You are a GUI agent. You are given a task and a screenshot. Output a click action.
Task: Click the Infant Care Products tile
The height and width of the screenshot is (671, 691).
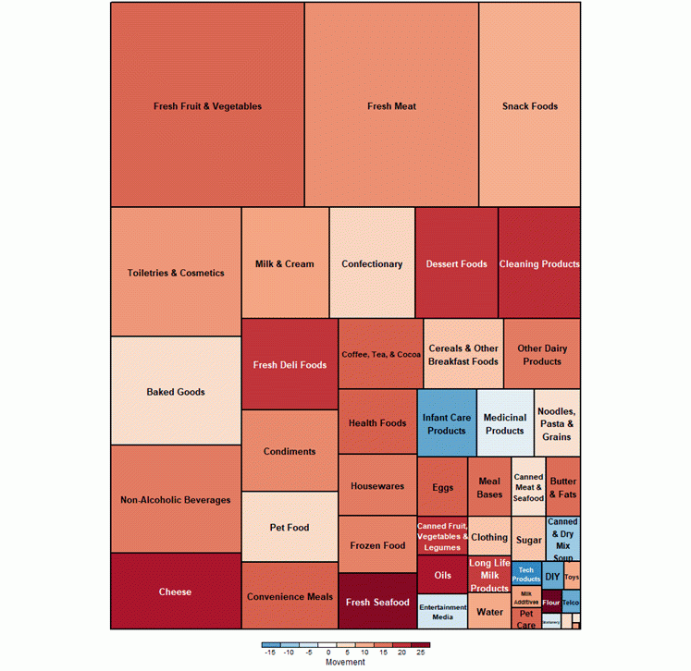[x=447, y=422]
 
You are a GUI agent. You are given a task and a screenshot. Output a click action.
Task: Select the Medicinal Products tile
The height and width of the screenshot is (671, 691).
[x=505, y=422]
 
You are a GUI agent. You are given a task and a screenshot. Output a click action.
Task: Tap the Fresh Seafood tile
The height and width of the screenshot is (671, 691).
[x=377, y=602]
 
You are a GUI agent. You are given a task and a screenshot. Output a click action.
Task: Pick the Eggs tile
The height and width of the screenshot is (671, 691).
[x=443, y=486]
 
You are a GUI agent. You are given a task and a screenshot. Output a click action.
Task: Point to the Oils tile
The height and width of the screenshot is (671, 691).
[x=443, y=575]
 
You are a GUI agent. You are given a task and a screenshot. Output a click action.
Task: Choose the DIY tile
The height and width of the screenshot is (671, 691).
[x=552, y=576]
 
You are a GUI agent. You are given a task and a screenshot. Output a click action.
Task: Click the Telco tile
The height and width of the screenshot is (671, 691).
[x=571, y=603]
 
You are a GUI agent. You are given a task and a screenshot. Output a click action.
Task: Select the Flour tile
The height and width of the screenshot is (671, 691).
[x=551, y=602]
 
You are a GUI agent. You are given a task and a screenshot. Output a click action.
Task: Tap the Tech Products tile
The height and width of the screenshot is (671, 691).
[x=526, y=575]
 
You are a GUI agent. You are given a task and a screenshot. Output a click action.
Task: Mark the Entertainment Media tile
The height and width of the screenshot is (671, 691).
[x=443, y=611]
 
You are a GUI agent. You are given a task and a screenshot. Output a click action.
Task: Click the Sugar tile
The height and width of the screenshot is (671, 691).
[x=529, y=539]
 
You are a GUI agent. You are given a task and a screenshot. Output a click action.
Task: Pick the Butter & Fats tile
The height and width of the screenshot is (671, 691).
[x=563, y=486]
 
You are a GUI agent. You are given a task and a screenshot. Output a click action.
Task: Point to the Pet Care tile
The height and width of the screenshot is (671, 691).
[x=526, y=618]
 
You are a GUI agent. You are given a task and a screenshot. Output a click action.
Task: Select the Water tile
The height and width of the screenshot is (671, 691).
[x=489, y=611]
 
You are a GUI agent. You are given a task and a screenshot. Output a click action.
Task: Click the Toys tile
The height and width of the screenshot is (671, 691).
[x=572, y=576]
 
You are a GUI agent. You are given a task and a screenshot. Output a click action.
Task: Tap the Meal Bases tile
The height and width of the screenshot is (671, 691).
[x=489, y=486]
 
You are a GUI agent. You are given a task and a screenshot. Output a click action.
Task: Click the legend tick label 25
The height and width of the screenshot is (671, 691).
[x=421, y=653]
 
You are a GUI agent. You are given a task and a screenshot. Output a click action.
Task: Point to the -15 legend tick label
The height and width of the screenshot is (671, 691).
[x=269, y=653]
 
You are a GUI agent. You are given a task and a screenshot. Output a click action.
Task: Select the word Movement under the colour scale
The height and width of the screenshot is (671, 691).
[x=345, y=662]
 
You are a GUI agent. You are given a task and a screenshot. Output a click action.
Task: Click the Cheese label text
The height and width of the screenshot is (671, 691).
[x=176, y=592]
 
